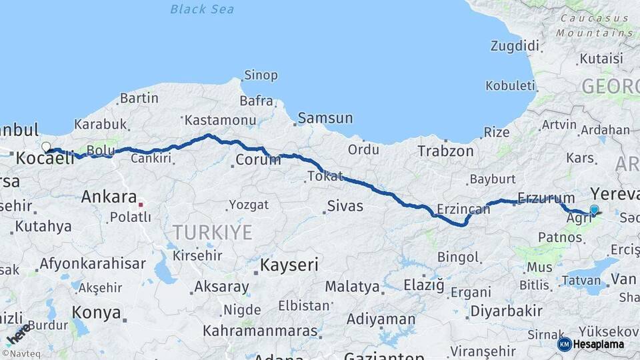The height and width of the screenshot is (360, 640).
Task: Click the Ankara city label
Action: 109,197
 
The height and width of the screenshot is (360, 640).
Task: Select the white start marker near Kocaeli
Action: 46,147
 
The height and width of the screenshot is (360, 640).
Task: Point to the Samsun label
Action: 325,118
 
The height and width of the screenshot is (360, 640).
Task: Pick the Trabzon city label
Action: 445,151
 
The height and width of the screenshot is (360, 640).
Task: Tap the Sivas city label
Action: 345,205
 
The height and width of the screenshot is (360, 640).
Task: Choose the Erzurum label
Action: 546,198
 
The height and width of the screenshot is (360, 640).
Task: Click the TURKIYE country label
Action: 213,232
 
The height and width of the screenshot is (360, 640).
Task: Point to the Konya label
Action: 96,313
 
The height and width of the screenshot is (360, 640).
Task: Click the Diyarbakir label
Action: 506,311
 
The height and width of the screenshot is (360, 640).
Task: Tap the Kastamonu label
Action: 220,120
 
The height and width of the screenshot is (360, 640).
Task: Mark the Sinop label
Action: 261,75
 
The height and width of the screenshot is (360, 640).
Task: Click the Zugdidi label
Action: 514,46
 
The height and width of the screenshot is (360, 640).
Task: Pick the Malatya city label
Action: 352,287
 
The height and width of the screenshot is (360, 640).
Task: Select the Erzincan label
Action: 463,209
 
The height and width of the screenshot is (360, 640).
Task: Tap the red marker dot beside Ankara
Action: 141,199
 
